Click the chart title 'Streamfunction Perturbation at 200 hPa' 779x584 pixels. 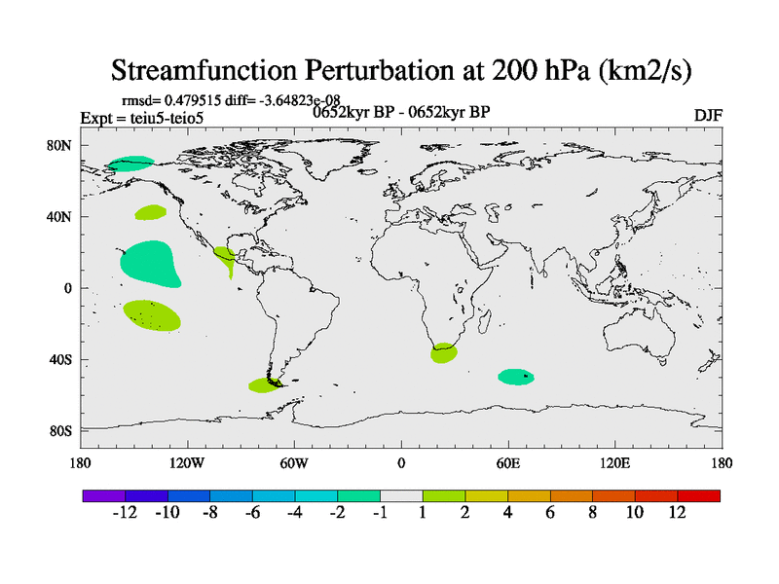[401, 70]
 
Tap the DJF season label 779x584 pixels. [708, 115]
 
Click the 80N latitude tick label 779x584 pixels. [60, 145]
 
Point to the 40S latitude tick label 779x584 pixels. [60, 359]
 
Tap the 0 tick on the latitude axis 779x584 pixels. [68, 288]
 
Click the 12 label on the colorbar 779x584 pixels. [678, 513]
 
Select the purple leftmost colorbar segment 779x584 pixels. [104, 495]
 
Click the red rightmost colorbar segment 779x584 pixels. [699, 495]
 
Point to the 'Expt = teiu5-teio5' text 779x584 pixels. [156, 118]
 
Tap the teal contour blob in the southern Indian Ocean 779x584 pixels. [516, 377]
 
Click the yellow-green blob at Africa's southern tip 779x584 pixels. [444, 353]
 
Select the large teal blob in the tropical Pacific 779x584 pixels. [148, 263]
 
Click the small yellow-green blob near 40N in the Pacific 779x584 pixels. [150, 211]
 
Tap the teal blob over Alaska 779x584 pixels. [130, 164]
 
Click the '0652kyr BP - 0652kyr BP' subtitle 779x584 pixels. [401, 112]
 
